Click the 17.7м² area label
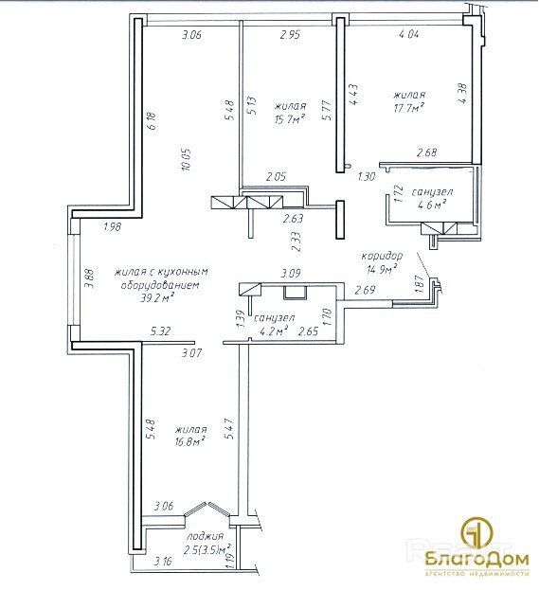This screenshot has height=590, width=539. point(409,108)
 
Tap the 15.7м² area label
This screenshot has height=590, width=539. point(290,119)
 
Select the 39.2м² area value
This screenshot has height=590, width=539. point(157,298)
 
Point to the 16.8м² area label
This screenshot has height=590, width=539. point(190,441)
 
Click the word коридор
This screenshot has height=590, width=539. point(382,257)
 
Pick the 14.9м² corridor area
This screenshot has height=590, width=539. point(383,269)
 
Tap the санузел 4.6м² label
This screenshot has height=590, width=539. point(432,198)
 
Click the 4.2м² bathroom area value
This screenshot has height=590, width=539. point(274,331)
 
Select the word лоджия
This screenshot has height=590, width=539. point(206,536)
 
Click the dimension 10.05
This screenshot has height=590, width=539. point(187,159)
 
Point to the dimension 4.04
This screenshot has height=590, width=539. point(409,34)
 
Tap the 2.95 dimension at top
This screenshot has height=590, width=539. point(290,35)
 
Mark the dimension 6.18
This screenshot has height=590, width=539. point(153,121)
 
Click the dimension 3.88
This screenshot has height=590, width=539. point(90,277)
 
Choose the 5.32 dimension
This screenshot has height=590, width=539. point(161,331)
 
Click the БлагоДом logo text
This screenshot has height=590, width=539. point(477,560)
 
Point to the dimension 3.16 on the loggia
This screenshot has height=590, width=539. point(163,562)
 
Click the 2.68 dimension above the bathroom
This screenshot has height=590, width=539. point(427,152)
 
